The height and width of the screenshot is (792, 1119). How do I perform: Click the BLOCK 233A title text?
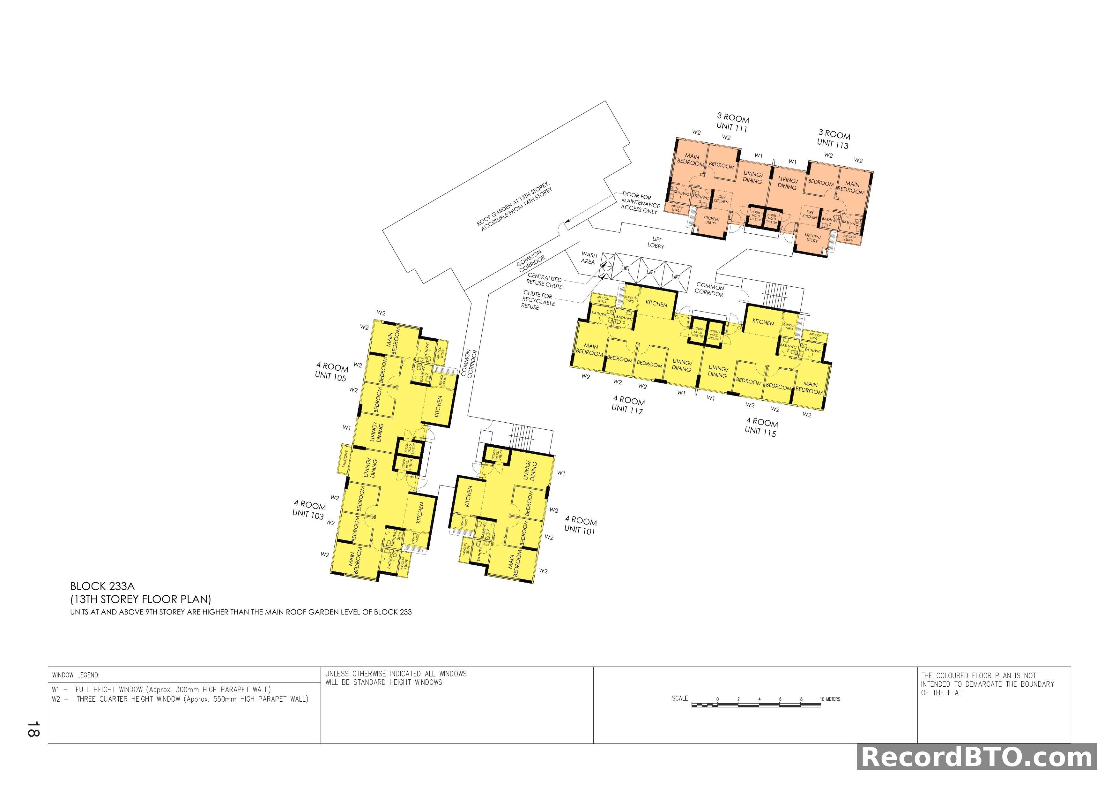point(102,586)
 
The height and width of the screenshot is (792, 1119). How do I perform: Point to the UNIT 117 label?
point(627,409)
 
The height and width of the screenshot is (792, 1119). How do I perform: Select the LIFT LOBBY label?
point(656,243)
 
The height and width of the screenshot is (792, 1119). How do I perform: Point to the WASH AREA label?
point(588,258)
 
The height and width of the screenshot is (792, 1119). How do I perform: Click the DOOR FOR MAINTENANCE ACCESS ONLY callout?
point(640,202)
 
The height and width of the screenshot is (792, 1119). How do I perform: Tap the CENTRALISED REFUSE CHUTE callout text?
point(545,281)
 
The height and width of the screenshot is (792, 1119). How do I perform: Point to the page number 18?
point(33,729)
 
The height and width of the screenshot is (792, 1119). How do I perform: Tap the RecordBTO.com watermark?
point(977,758)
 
